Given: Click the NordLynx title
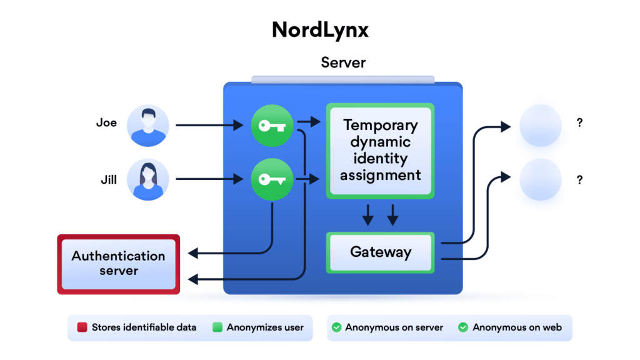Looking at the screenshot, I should click(x=319, y=30).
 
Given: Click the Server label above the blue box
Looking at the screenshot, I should click(x=343, y=62).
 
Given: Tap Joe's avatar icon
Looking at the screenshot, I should click(x=148, y=126).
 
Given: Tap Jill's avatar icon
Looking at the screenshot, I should click(x=148, y=179).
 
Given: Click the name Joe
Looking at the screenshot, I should click(x=106, y=122).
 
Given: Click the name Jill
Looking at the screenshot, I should click(x=107, y=180).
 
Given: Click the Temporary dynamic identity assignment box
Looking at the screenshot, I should click(x=380, y=151).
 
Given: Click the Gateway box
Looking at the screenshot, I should click(x=380, y=252).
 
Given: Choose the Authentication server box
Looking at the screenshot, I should click(x=119, y=264).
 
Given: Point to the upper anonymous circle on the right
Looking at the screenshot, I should click(x=541, y=126).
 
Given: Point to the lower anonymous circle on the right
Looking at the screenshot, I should click(x=541, y=179).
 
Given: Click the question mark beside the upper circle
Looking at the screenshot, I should click(x=580, y=123).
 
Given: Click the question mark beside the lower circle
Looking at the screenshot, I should click(x=580, y=180).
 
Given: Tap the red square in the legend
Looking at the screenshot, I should click(x=81, y=327).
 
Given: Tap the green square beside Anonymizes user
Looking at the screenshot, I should click(x=217, y=327).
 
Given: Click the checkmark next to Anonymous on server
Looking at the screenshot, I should click(x=336, y=327).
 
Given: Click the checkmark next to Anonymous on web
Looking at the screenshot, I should click(x=463, y=327).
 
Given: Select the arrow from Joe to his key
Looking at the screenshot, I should click(x=209, y=126).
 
